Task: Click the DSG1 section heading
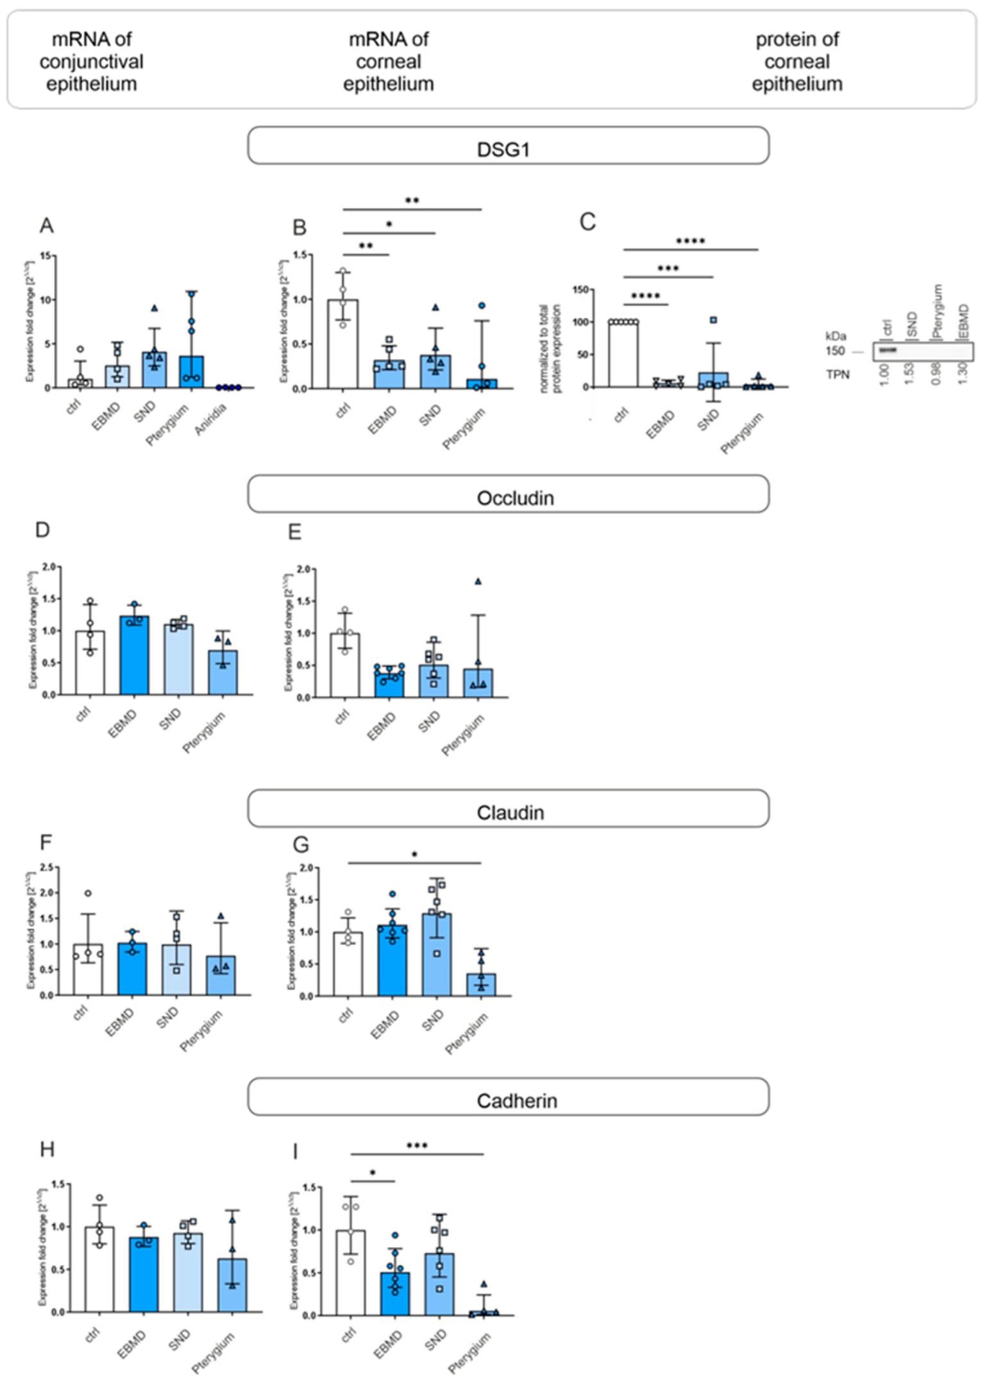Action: point(503,149)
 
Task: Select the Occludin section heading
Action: point(515,498)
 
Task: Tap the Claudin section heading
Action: point(510,812)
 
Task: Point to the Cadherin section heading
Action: point(516,1100)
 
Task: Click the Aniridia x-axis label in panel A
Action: point(211,420)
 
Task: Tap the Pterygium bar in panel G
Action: point(481,985)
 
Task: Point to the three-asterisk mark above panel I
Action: point(417,1146)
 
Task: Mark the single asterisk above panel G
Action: point(414,855)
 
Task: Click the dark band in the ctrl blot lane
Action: point(888,350)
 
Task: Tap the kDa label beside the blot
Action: point(835,336)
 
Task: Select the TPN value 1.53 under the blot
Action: point(909,374)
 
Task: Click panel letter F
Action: point(46,842)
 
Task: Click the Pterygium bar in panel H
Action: point(232,1285)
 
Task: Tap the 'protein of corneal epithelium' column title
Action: point(797,62)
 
